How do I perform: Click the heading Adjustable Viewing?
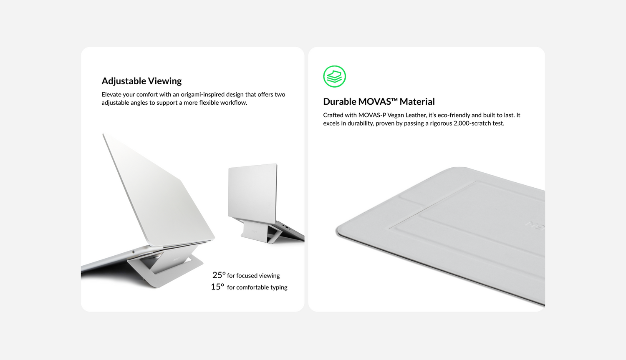click(x=141, y=81)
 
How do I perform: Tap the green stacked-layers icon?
click(x=335, y=76)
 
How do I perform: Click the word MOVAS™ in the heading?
click(x=378, y=101)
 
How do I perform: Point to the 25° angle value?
click(x=219, y=275)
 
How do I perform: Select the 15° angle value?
click(x=217, y=287)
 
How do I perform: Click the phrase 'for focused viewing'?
click(x=253, y=276)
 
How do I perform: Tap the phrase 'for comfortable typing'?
click(x=257, y=287)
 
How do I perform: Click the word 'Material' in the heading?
click(x=417, y=101)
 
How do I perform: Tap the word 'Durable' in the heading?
click(x=339, y=101)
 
